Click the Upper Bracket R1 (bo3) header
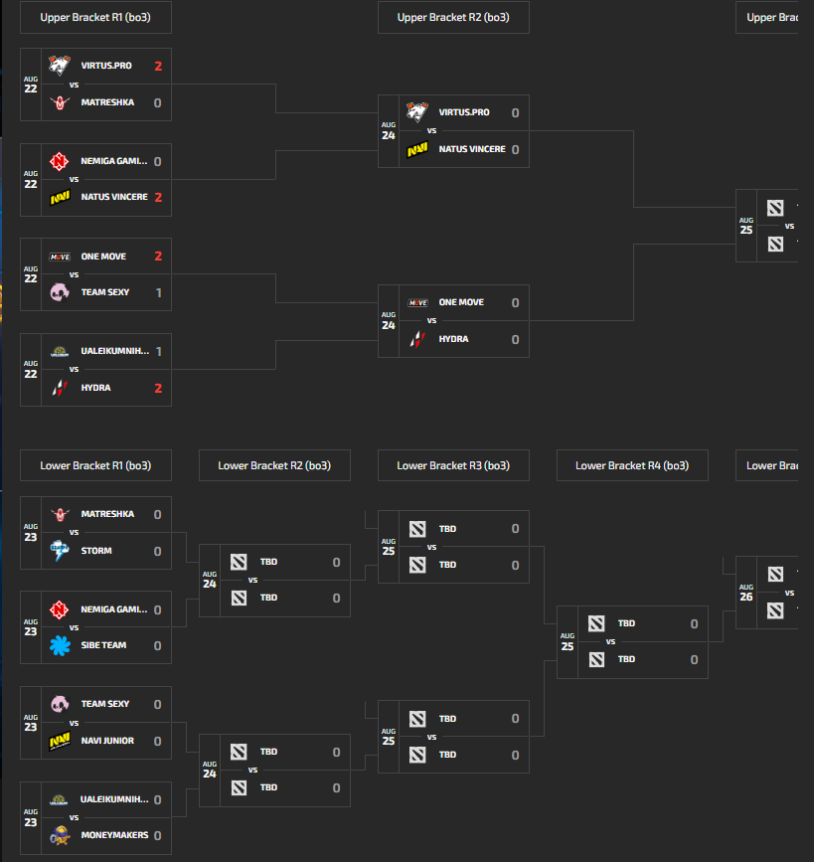pos(95,18)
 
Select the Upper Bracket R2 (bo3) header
pos(453,18)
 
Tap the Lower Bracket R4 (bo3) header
pos(632,465)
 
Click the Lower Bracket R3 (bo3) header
pos(453,465)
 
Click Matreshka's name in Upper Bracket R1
pos(107,102)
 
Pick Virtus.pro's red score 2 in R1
pos(157,67)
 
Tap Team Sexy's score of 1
pos(157,292)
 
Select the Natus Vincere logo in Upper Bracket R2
pos(417,150)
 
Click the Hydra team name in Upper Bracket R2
pos(454,339)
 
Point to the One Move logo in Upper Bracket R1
pos(60,257)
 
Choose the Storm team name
pos(96,551)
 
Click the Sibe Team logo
pos(60,645)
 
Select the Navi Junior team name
pos(107,741)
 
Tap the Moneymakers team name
pos(114,835)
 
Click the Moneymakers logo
pos(60,835)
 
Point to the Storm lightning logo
pos(60,551)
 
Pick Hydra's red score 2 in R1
pos(157,388)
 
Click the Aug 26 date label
pos(746,593)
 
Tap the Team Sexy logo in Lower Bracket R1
pos(60,705)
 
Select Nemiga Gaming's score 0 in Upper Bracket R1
pos(157,161)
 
